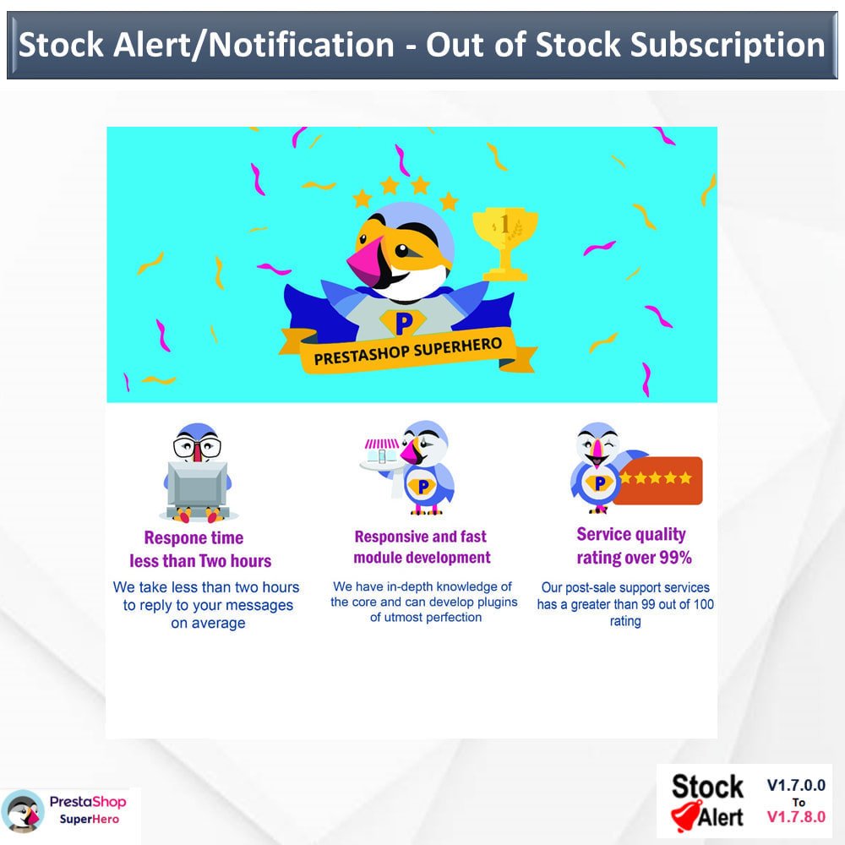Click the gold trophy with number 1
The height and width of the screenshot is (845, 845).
(505, 243)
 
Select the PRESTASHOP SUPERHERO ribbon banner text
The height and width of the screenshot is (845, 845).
(408, 352)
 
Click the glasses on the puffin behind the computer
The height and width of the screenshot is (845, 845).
(197, 447)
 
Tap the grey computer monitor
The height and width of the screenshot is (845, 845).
(197, 484)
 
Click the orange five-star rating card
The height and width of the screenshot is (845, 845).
(658, 480)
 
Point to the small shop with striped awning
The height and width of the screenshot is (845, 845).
(381, 453)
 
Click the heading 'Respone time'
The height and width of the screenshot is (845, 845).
(194, 537)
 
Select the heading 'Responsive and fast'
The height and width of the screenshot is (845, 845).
(420, 537)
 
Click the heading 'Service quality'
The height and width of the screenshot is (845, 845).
(631, 535)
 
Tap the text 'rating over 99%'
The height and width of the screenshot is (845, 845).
(635, 558)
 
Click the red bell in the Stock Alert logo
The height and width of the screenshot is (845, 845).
(686, 816)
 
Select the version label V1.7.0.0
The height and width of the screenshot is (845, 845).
(796, 785)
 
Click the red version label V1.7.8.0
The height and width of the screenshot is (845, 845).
(796, 817)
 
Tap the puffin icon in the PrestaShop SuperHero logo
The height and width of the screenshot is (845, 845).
(23, 811)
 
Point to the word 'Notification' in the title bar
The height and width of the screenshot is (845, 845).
(302, 44)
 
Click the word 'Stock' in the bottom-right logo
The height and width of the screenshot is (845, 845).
(707, 786)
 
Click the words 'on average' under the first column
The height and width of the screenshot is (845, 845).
(208, 623)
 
